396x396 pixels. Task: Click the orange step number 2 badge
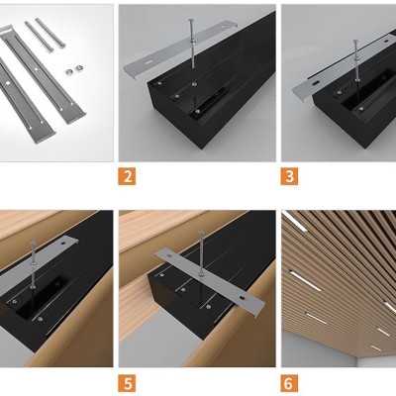(127, 176)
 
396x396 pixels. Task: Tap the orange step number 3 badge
(289, 176)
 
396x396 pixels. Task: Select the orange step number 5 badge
(127, 383)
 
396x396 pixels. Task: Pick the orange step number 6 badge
(289, 383)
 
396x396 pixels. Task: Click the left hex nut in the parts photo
(69, 71)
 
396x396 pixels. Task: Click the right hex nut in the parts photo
(79, 68)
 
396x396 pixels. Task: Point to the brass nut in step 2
(194, 85)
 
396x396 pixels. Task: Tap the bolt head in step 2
(191, 21)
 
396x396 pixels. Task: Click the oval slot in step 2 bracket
(150, 62)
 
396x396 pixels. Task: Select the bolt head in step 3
(355, 42)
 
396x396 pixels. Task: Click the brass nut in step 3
(357, 79)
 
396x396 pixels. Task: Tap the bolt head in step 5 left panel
(33, 244)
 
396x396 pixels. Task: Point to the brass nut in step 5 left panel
(34, 287)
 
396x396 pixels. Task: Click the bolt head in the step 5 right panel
(201, 233)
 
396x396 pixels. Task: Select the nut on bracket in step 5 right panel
(200, 273)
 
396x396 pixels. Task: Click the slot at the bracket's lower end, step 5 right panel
(244, 298)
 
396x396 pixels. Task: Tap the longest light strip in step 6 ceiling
(305, 281)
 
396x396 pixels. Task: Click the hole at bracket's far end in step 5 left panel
(63, 243)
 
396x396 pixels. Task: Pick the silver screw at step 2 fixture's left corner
(159, 84)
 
